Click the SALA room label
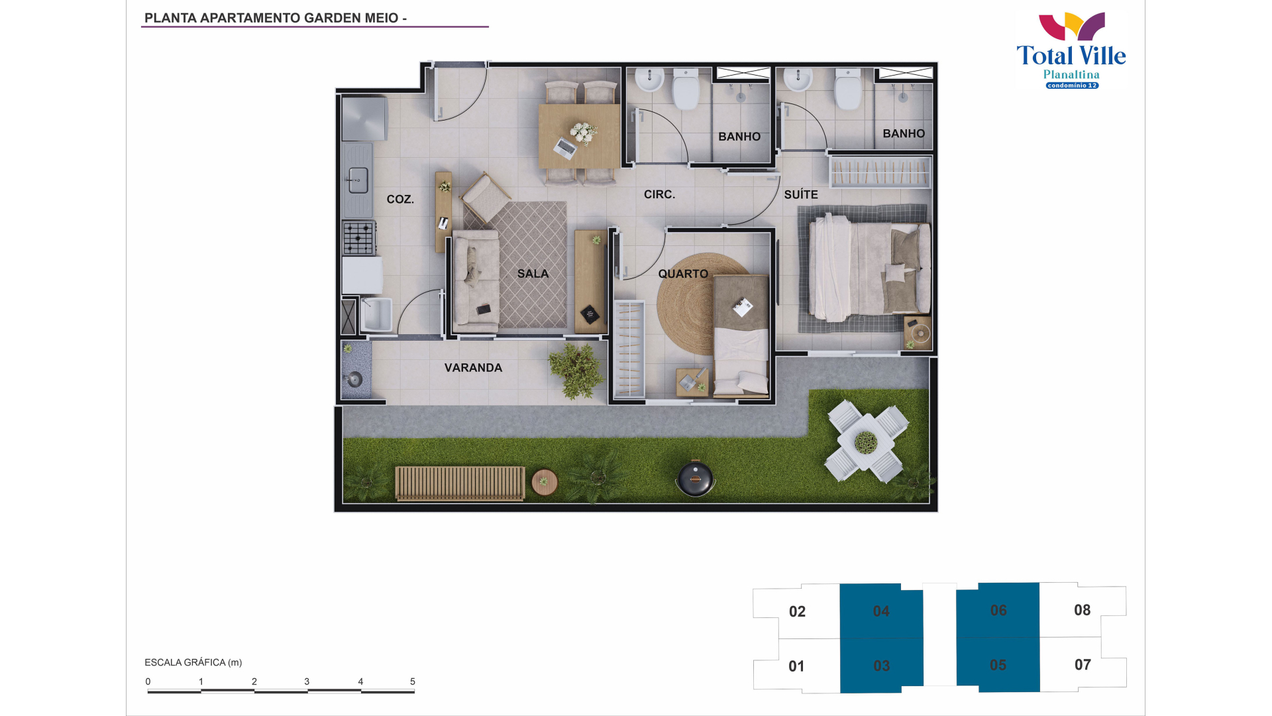(x=533, y=274)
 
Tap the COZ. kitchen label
(x=400, y=200)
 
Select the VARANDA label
(x=473, y=368)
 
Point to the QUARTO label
(x=683, y=274)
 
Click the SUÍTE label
(x=801, y=194)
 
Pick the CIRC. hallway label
(x=659, y=194)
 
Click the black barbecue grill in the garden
(x=695, y=477)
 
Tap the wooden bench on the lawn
(x=460, y=483)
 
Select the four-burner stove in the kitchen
(x=359, y=238)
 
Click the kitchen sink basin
(x=358, y=180)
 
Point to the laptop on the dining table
(x=565, y=148)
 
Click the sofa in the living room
(x=476, y=281)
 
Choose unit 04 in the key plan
(x=881, y=611)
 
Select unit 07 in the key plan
(x=1083, y=665)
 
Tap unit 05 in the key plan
(x=998, y=665)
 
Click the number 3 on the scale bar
(x=307, y=682)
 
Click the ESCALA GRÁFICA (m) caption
(x=193, y=662)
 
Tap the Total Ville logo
(x=1071, y=50)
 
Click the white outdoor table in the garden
(x=866, y=441)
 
